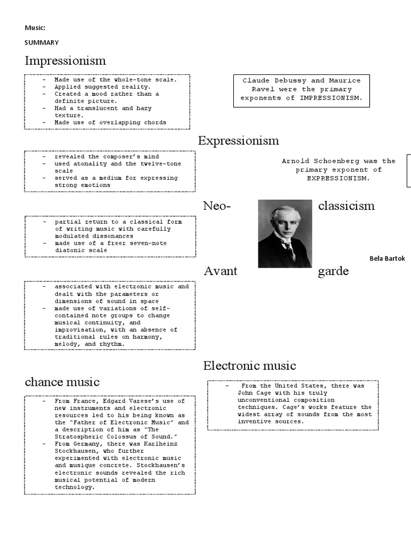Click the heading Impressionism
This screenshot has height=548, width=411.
tap(65, 60)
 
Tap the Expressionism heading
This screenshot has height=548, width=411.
tap(238, 141)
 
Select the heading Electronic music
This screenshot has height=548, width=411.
tap(249, 366)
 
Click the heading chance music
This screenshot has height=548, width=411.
tap(62, 382)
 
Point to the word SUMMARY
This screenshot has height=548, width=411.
tap(42, 42)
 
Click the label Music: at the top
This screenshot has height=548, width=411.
tap(35, 27)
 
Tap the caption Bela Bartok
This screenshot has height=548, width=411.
tap(387, 258)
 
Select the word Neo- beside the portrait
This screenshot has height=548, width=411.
tap(217, 206)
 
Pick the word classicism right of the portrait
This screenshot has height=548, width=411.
tap(346, 206)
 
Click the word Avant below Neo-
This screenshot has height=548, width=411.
tap(220, 271)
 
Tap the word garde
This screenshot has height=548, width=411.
tap(333, 271)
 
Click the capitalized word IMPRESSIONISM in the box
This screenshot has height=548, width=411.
tap(330, 98)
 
